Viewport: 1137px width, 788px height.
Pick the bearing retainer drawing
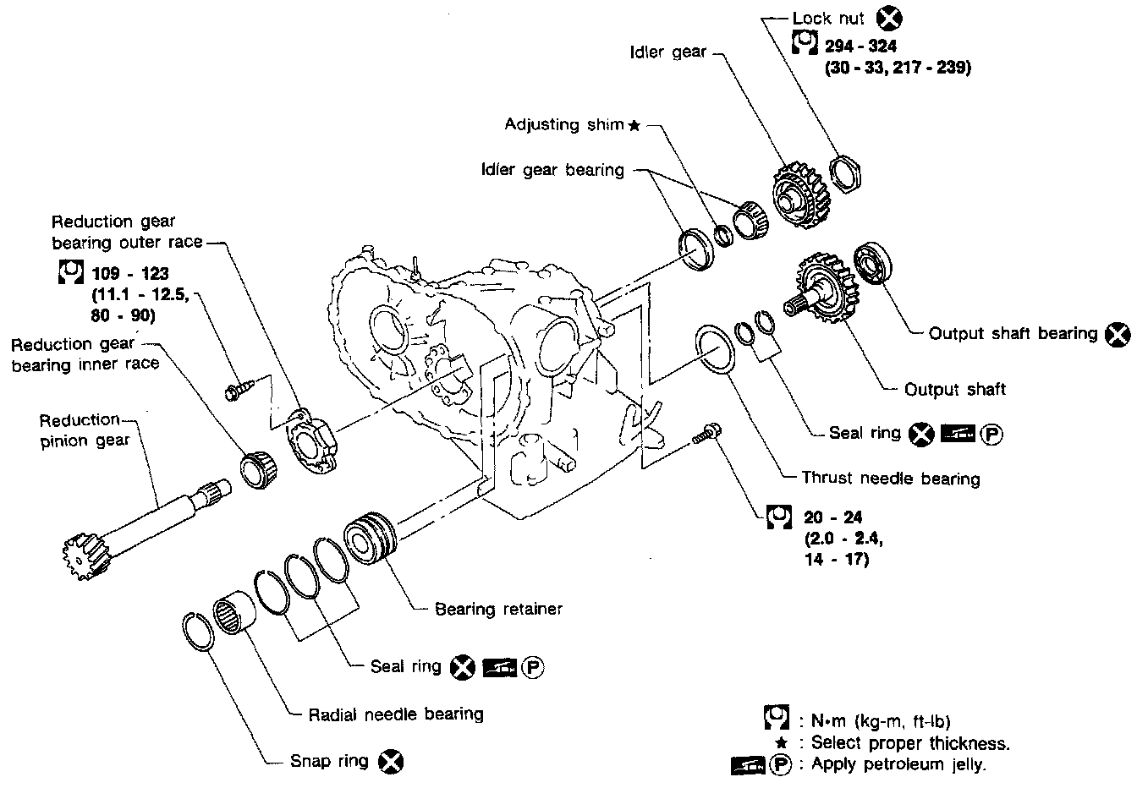371,537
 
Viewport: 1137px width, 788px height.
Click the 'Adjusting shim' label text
563,124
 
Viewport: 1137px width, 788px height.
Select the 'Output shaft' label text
954,390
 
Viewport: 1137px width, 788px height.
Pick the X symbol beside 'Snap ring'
391,762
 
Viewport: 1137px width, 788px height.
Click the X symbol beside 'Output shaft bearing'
1118,334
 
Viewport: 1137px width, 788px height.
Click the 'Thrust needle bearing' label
891,479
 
